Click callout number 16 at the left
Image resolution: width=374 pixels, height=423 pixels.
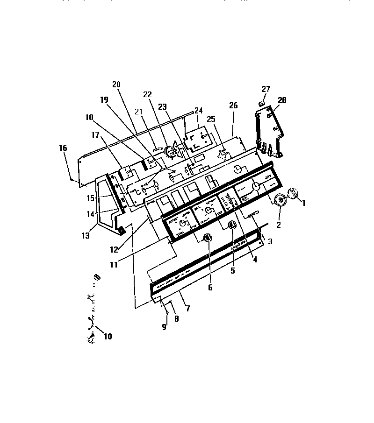tap(63, 148)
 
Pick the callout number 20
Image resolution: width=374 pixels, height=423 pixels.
tap(116, 85)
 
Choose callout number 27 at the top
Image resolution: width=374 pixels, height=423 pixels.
tap(266, 89)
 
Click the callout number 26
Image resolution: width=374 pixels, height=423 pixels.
tap(233, 106)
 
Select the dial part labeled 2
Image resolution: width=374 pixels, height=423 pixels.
tap(280, 200)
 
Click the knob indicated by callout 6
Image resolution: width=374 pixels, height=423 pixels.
tap(208, 238)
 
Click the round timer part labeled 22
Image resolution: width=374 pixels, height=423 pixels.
tap(172, 150)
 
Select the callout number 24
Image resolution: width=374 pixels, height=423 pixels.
tap(199, 111)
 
